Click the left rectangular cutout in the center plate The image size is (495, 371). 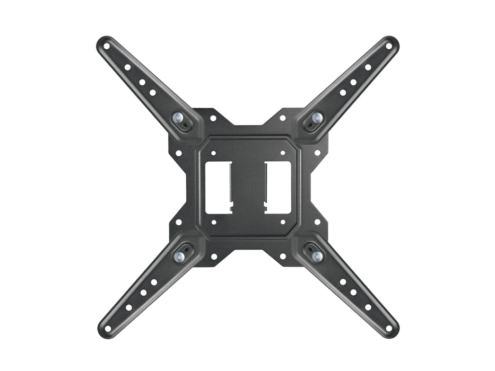(218, 187)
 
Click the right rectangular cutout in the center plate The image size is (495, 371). (277, 187)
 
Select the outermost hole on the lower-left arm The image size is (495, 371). (108, 328)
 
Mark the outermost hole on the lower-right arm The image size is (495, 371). (389, 328)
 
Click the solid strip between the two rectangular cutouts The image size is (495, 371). (248, 187)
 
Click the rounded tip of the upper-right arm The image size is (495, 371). (392, 43)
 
